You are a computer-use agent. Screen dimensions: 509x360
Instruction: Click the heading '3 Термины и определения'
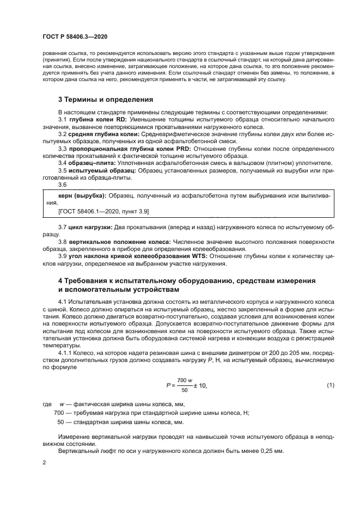(106, 100)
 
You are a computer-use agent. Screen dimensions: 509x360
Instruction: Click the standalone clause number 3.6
(62, 185)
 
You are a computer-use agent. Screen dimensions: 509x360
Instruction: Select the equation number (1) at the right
(330, 385)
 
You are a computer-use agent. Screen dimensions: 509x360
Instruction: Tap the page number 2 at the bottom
(44, 463)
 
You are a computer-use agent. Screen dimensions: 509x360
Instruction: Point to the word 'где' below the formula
(46, 404)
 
